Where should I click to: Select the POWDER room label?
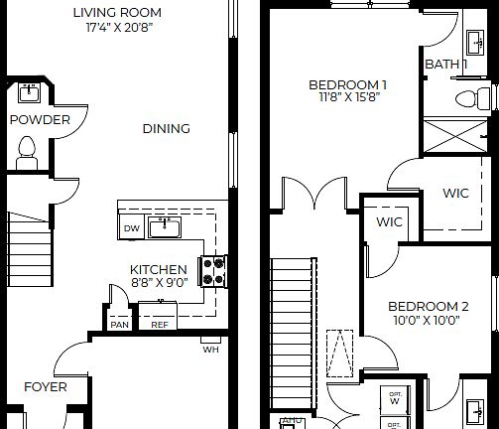(40, 120)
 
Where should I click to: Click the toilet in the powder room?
(28, 150)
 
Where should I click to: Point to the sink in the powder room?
(28, 94)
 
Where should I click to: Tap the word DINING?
(166, 128)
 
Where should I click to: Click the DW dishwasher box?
(131, 228)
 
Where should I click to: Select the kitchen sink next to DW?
(164, 227)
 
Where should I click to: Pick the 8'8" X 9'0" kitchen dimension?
(159, 282)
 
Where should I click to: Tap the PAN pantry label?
(119, 324)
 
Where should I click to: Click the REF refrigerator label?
(159, 324)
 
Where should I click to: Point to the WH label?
(210, 349)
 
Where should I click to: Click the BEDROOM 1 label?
(347, 84)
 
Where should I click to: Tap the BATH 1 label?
(446, 65)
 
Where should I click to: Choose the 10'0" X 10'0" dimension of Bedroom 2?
(427, 321)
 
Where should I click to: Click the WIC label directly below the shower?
(455, 193)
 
